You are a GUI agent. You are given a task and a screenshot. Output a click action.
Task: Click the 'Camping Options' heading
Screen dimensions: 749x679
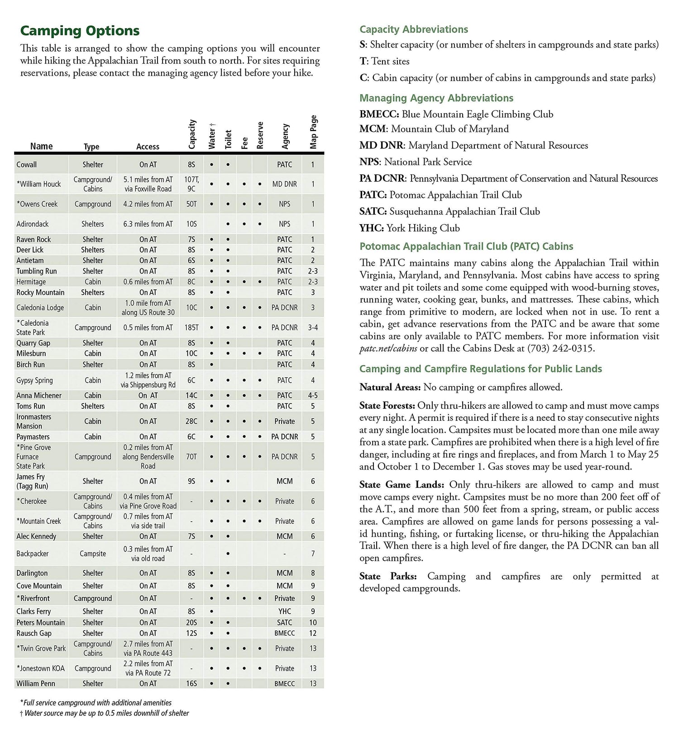point(80,31)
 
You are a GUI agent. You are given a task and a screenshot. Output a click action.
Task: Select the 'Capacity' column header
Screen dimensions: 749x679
point(192,134)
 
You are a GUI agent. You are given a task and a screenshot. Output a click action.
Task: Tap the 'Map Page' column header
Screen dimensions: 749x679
point(313,132)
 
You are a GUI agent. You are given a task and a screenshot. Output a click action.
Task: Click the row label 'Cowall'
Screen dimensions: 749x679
point(27,165)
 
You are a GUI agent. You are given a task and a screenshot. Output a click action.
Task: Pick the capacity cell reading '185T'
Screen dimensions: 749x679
point(191,327)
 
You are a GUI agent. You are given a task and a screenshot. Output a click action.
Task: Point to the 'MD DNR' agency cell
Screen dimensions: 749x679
point(284,184)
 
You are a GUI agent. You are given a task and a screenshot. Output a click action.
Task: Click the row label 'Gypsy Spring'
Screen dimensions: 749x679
point(34,380)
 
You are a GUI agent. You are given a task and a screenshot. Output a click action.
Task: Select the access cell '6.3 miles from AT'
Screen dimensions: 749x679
point(148,224)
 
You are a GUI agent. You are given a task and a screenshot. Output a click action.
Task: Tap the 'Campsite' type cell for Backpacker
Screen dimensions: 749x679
point(93,554)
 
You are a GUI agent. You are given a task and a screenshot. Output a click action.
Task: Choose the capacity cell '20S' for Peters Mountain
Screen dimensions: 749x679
point(191,623)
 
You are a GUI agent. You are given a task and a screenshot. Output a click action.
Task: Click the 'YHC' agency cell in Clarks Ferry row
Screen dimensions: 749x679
point(285,611)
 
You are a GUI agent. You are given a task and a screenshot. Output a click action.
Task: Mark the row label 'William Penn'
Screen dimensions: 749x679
point(36,684)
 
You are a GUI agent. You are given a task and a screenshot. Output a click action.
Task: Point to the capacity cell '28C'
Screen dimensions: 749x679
point(191,422)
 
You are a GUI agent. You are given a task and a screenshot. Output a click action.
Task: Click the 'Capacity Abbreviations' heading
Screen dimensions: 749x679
point(414,29)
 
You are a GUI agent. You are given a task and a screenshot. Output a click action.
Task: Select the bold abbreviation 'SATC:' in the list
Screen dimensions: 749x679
point(373,211)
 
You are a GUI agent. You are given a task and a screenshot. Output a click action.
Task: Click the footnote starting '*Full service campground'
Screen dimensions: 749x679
point(96,703)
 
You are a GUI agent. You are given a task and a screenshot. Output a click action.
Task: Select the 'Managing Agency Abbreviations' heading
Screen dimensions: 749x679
point(436,98)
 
